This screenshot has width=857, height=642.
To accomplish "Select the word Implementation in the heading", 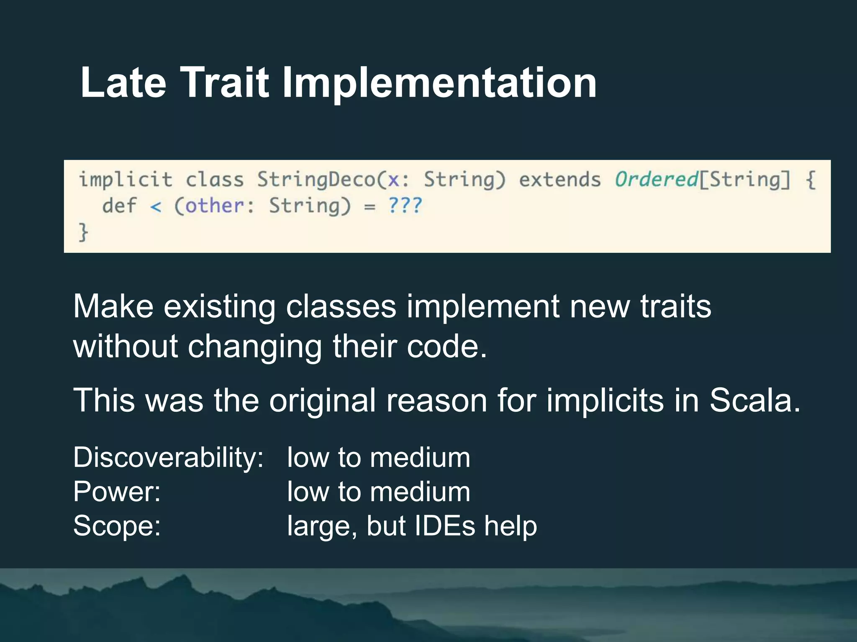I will [439, 84].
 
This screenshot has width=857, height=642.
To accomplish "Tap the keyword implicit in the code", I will [126, 180].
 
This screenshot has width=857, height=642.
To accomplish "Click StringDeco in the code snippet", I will [316, 180].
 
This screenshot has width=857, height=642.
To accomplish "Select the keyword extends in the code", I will [560, 180].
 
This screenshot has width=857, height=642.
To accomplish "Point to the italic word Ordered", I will [656, 180].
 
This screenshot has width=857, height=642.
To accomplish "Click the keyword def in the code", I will [120, 206].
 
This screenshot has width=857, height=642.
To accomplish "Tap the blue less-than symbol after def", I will [156, 206].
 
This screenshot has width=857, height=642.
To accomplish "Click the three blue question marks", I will [405, 206].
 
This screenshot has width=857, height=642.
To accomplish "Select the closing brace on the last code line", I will [83, 232].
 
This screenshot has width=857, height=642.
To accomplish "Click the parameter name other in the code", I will [214, 206].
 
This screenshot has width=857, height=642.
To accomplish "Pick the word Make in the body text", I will [113, 306].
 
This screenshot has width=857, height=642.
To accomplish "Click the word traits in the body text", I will [675, 306].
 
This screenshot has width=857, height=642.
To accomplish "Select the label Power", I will [117, 492].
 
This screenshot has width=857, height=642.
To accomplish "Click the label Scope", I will [117, 526].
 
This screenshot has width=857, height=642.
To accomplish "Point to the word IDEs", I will [444, 526].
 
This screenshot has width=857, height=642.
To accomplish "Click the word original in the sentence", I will [322, 400].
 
